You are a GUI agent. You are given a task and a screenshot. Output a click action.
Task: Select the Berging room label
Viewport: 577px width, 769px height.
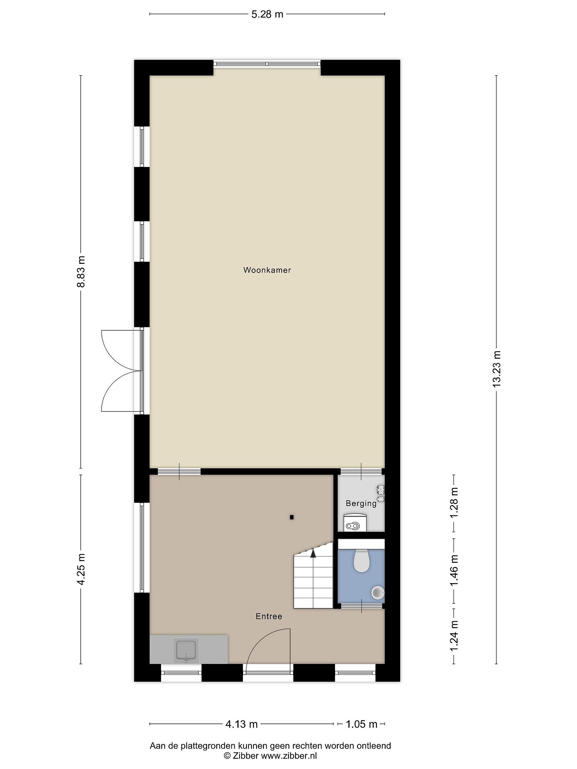[x=361, y=503]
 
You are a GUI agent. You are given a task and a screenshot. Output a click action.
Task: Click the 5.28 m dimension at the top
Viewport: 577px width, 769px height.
[x=267, y=14]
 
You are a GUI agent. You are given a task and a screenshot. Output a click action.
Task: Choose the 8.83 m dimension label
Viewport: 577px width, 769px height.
[x=81, y=272]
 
